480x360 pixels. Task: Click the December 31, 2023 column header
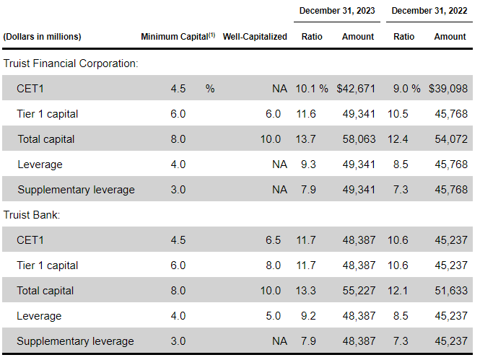337,11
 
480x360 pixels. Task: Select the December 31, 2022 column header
429,11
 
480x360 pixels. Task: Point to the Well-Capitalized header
255,36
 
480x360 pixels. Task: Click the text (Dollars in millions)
43,36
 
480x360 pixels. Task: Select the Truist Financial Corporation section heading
71,63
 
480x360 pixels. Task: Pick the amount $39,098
447,89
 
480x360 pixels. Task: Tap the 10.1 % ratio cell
311,89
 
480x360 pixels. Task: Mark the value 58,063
358,139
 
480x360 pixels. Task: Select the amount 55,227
358,291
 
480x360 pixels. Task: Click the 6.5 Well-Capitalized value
273,240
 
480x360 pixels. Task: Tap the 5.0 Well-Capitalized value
273,316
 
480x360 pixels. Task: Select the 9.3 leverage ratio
307,164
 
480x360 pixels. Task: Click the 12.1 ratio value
398,291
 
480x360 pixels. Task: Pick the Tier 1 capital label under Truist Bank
48,265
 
